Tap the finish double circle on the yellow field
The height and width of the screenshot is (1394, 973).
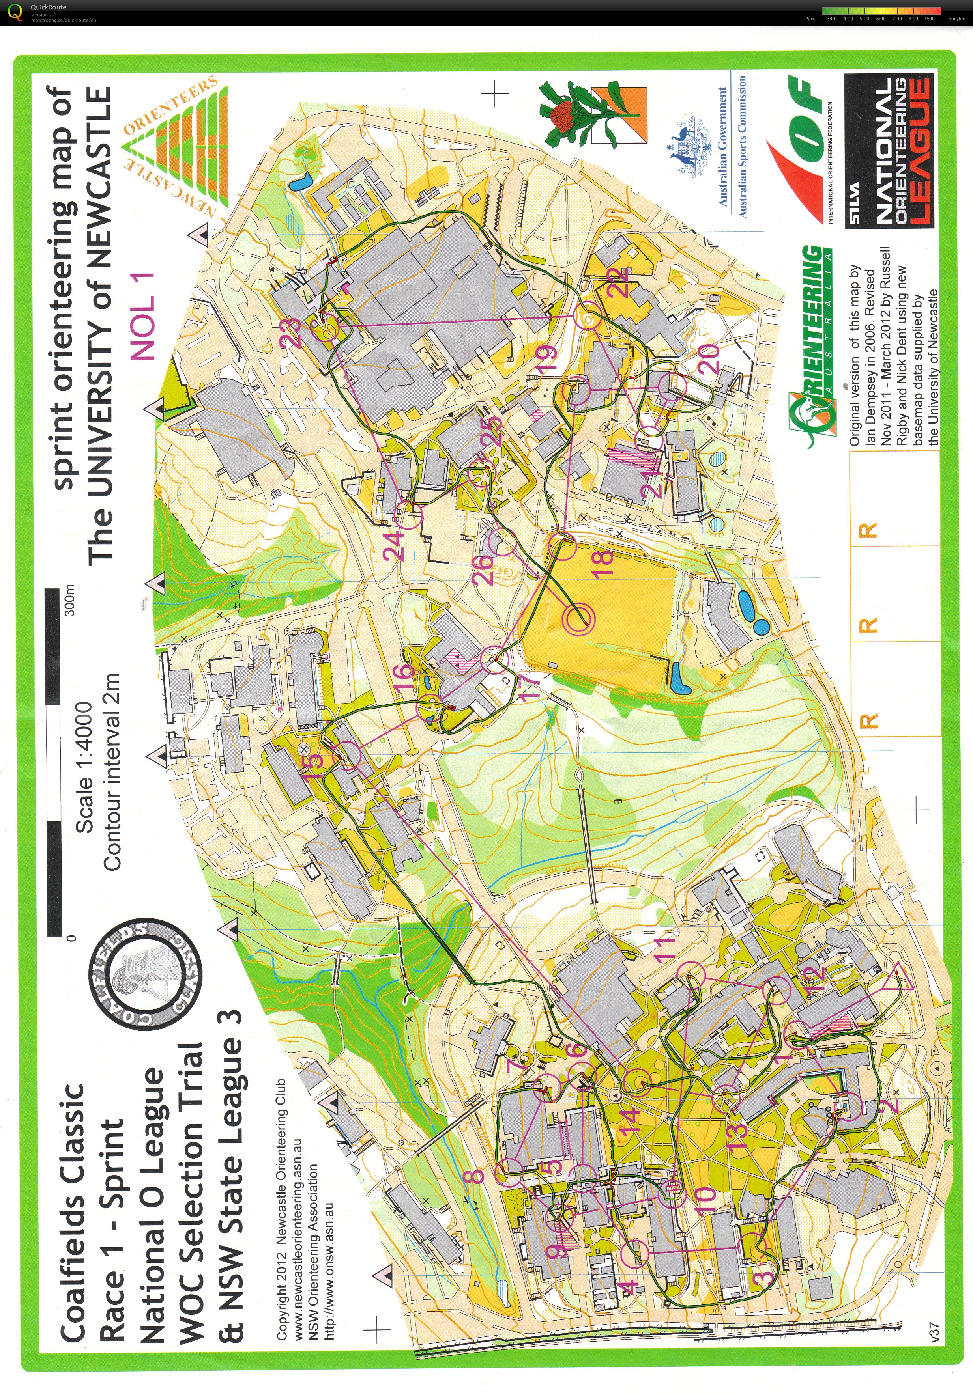point(578,618)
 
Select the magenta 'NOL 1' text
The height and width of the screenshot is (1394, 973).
point(144,316)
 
